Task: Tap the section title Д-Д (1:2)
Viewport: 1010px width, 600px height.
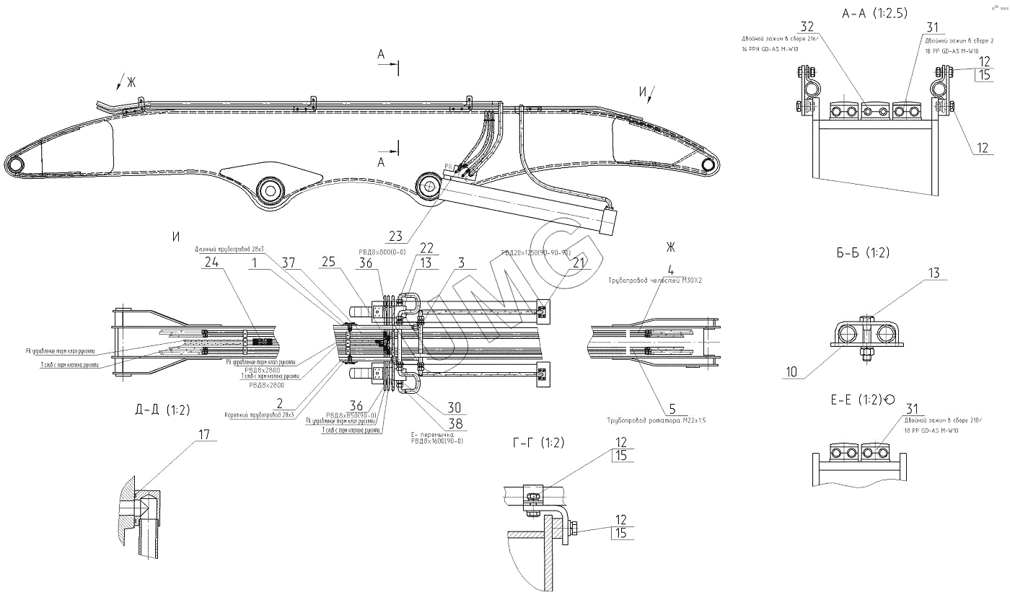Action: click(x=162, y=410)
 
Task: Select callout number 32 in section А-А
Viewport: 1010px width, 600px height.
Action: click(x=807, y=26)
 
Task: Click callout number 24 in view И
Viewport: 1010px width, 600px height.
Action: click(x=211, y=262)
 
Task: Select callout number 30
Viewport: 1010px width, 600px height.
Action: click(x=455, y=407)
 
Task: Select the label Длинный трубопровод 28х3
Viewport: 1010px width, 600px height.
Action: click(x=229, y=250)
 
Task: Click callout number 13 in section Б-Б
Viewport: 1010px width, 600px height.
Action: click(x=934, y=273)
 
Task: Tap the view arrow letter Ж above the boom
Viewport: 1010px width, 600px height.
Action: click(x=131, y=81)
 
